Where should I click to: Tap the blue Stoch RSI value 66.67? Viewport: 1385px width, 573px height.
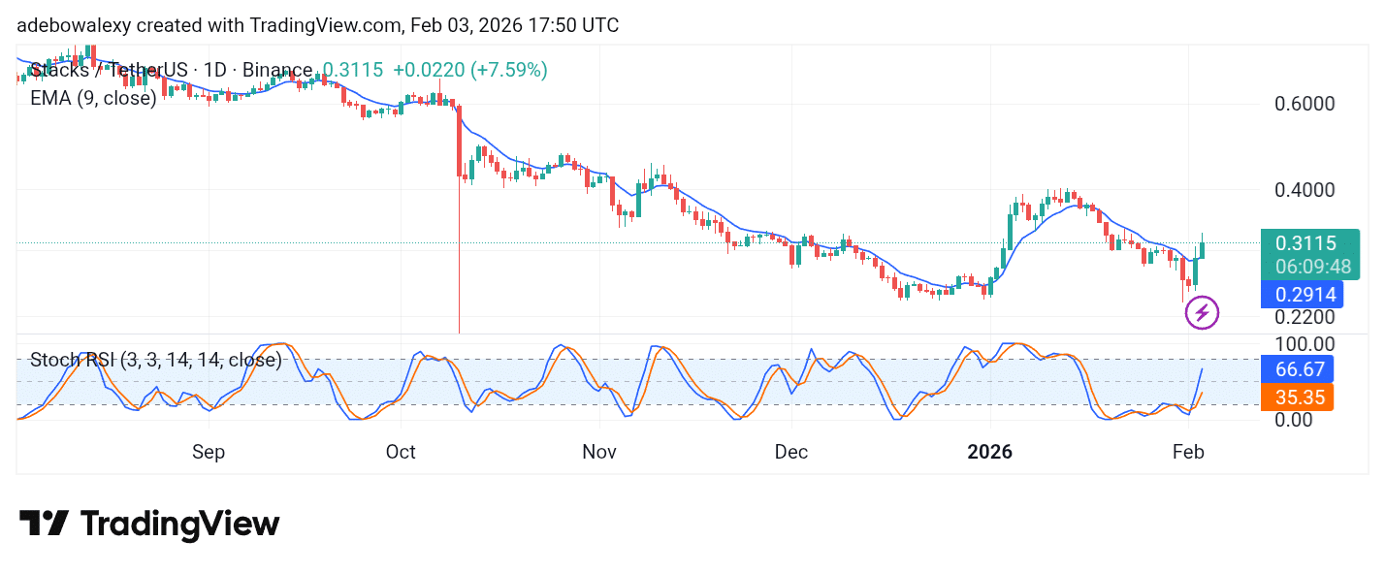pos(1296,368)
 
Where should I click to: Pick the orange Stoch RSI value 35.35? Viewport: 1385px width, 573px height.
pos(1296,397)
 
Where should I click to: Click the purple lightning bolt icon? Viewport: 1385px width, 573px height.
pos(1202,312)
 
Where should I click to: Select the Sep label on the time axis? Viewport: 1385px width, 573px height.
pos(209,452)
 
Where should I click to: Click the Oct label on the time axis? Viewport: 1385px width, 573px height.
pos(401,452)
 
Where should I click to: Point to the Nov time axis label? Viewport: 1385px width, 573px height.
pos(599,452)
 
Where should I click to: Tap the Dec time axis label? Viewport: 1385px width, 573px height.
pos(791,452)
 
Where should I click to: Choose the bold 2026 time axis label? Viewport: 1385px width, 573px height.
pos(990,452)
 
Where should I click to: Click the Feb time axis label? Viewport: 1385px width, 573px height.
pos(1188,452)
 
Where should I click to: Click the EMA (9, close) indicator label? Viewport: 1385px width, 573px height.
pos(93,98)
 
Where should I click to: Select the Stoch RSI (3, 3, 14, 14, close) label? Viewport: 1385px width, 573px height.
pos(155,361)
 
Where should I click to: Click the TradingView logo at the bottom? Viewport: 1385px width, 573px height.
pos(149,525)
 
